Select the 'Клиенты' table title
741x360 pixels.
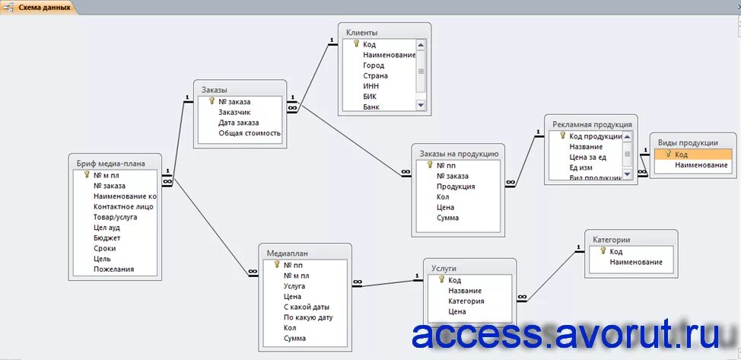click(x=362, y=33)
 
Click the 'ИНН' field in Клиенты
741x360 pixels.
click(x=370, y=86)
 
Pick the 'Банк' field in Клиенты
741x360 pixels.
click(x=371, y=107)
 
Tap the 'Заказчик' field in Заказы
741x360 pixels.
click(x=234, y=112)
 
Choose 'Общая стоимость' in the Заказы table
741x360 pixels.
click(x=250, y=132)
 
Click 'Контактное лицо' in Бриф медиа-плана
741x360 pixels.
click(x=123, y=206)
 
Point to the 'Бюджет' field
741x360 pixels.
click(x=107, y=237)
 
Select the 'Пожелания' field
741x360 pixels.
click(x=113, y=269)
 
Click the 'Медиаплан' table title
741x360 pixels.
click(x=288, y=253)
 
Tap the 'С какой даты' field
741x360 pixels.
click(x=306, y=307)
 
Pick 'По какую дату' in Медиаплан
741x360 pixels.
click(x=308, y=317)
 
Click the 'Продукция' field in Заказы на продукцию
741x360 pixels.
click(x=456, y=186)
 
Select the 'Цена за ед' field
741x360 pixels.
click(x=587, y=157)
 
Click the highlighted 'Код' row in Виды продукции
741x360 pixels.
click(x=692, y=155)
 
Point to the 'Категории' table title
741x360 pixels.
click(x=611, y=240)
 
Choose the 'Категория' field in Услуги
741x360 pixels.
click(x=466, y=301)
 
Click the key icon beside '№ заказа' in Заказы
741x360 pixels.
click(x=211, y=100)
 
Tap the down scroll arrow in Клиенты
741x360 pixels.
click(x=421, y=105)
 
